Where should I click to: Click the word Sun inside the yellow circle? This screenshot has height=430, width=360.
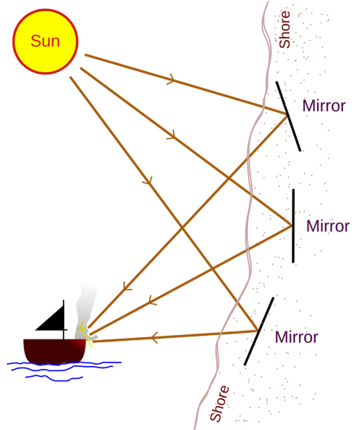45,41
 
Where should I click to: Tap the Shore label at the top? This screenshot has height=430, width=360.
284,30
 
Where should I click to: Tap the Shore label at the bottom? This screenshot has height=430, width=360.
220,403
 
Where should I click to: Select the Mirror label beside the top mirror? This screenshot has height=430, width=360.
324,106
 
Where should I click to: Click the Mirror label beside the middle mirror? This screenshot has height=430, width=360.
328,226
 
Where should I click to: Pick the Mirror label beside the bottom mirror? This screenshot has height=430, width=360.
296,337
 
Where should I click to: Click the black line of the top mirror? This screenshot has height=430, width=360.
289,116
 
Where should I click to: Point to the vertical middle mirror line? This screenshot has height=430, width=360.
293,226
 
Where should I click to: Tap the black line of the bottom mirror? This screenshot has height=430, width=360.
259,331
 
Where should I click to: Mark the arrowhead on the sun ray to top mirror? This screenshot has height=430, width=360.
171,79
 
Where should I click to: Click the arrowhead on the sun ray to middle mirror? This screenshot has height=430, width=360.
171,135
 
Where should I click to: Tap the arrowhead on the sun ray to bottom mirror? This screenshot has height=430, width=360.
148,181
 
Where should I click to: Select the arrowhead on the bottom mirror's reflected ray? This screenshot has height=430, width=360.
154,337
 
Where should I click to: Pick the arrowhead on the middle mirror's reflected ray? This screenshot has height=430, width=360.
152,300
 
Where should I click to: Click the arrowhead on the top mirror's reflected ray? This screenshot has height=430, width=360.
127,287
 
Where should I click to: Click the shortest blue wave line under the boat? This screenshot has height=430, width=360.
54,378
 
